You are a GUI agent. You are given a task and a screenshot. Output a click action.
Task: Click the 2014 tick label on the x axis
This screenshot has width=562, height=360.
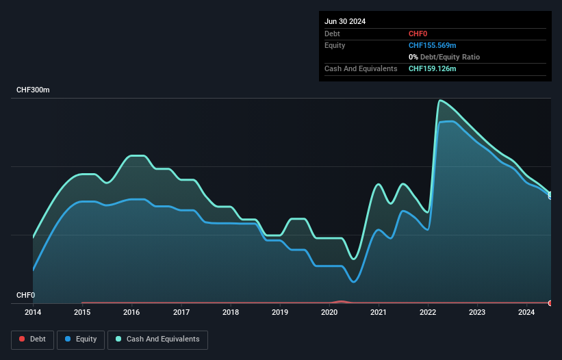[x=33, y=313]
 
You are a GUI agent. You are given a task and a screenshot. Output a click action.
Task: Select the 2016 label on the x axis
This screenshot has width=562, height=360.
[x=131, y=313]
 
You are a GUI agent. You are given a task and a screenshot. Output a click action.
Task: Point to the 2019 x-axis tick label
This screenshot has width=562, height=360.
[x=280, y=313]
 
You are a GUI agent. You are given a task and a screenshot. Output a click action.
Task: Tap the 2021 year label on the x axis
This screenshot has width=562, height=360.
[x=379, y=313]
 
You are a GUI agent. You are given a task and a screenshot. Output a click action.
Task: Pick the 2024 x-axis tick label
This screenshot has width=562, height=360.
[x=526, y=313]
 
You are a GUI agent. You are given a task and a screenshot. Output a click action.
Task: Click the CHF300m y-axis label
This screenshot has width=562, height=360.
[x=34, y=90]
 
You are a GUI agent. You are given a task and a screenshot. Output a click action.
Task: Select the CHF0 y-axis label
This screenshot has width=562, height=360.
[x=25, y=295]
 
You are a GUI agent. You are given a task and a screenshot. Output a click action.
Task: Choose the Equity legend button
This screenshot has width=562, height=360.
[x=81, y=339]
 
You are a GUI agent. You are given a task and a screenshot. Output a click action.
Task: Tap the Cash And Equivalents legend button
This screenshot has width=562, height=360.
[x=157, y=339]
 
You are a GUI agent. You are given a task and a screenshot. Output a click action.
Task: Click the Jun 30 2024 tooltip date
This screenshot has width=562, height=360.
[x=345, y=21]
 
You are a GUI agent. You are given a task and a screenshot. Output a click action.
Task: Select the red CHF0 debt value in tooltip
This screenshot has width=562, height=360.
[x=418, y=34]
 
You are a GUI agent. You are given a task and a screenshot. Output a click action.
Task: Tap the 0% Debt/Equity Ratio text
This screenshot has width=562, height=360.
[x=444, y=57]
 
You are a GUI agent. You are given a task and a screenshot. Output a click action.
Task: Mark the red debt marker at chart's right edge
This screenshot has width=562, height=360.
[x=550, y=303]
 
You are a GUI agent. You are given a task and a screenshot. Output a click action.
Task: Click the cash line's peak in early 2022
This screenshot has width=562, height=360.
[x=439, y=101]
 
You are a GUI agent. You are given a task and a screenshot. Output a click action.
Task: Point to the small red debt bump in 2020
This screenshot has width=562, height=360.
[x=340, y=301]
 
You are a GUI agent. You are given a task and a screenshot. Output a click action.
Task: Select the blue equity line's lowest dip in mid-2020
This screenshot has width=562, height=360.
[x=353, y=281]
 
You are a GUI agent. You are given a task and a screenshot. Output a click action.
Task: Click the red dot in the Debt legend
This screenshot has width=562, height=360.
[x=23, y=339]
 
